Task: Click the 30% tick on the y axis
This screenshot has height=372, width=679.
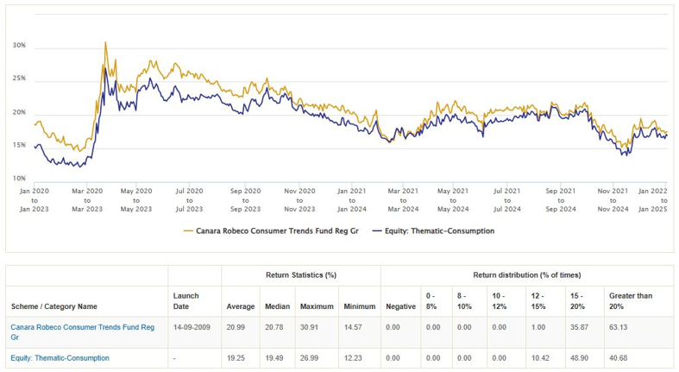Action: coord(19,45)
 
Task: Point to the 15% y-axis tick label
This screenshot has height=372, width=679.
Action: coord(19,145)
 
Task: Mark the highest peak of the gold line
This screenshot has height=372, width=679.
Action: coord(105,41)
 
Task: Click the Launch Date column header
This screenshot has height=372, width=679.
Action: coord(186,300)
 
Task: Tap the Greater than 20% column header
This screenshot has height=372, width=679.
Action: coord(631,300)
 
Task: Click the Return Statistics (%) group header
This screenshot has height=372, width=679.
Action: coord(300,274)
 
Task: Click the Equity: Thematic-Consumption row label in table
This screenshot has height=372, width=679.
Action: coord(60,357)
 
